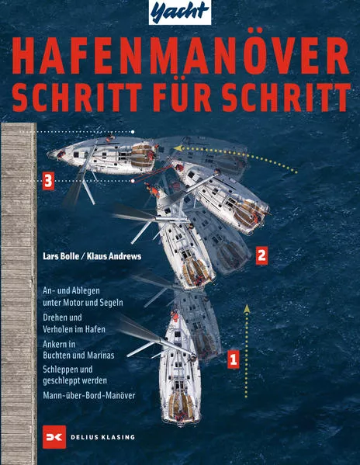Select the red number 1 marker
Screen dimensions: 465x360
tap(231, 359)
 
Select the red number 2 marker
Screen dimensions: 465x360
tap(261, 254)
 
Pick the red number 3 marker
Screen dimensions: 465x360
tap(49, 182)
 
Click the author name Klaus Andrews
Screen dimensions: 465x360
tap(116, 254)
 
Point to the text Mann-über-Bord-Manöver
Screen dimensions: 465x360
tap(89, 396)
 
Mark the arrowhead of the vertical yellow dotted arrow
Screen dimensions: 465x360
tap(247, 309)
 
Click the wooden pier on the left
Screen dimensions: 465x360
tap(19, 295)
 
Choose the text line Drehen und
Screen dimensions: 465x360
tap(64, 318)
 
